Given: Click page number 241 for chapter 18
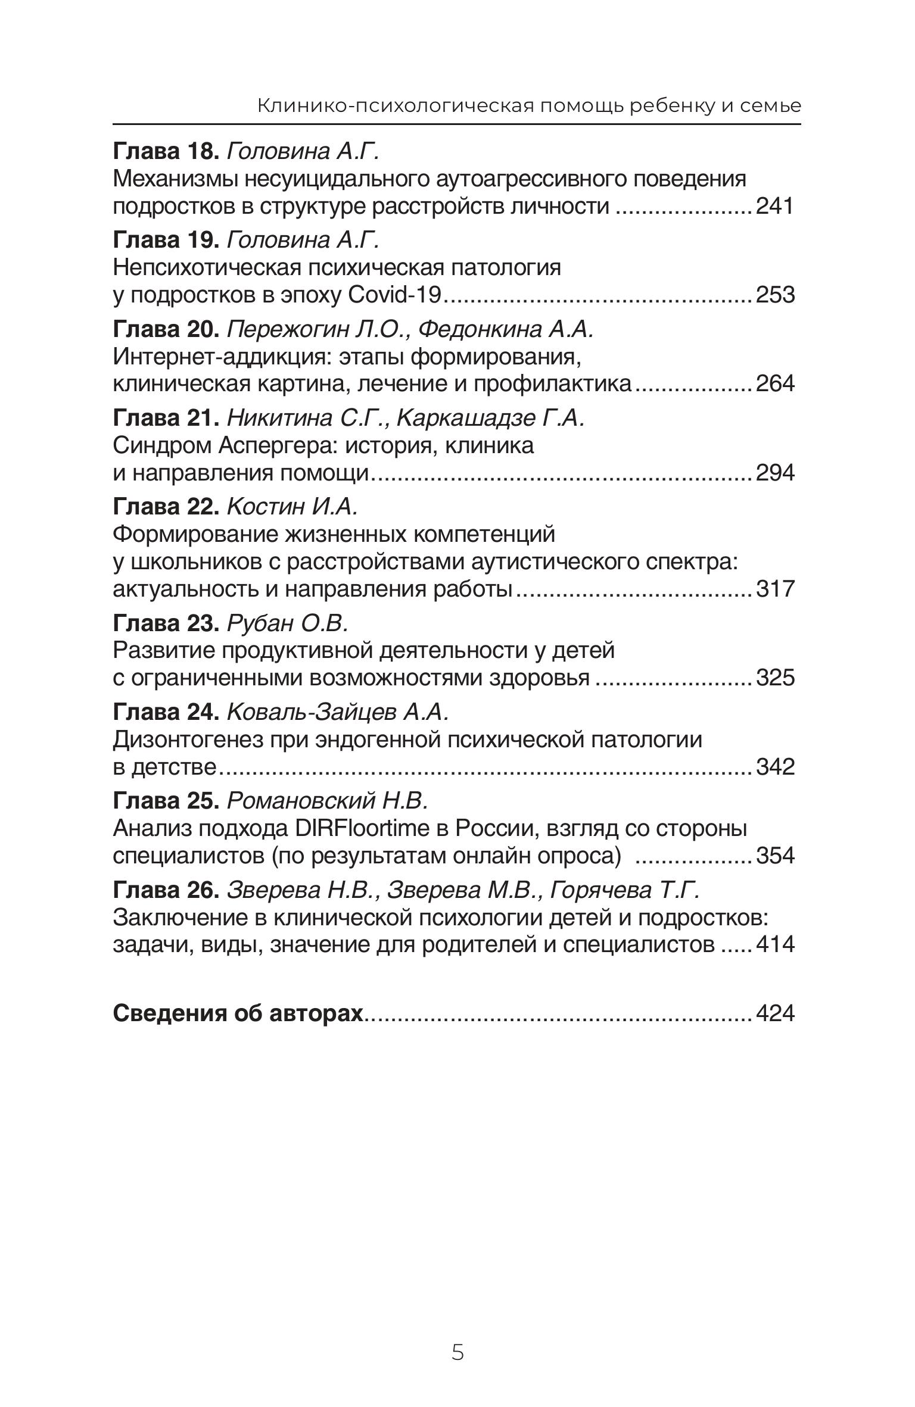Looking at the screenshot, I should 775,207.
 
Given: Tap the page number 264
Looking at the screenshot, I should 775,384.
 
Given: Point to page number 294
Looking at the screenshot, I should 775,473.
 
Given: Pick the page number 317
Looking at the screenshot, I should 775,589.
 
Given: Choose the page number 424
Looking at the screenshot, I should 775,1013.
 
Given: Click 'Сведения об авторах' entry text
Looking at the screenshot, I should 238,1013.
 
